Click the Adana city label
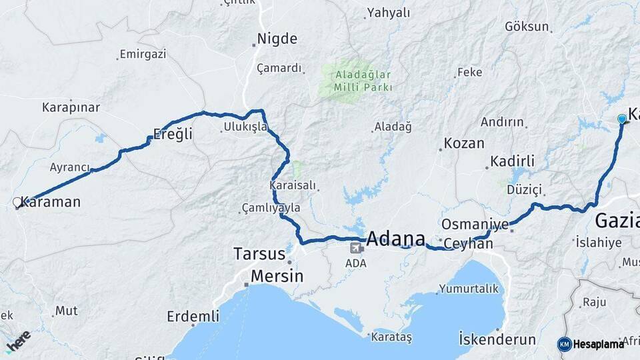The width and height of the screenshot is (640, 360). [x=396, y=239]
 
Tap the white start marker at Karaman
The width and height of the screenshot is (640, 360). [x=17, y=202]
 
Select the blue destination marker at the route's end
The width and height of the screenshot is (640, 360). [x=622, y=119]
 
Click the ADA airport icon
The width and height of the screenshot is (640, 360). [x=356, y=248]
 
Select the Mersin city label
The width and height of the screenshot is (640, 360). [x=277, y=275]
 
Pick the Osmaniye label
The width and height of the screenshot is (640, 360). [x=475, y=224]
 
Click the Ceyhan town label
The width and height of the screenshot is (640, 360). [x=468, y=243]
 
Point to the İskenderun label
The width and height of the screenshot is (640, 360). [x=497, y=339]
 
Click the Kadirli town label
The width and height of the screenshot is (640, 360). [x=513, y=161]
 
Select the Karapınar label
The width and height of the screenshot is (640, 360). [x=71, y=107]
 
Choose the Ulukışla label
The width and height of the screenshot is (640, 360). [x=245, y=126]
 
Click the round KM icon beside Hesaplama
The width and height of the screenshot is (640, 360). [x=564, y=344]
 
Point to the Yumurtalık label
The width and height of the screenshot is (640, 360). [x=468, y=289]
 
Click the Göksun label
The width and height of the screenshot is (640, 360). [x=527, y=27]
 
